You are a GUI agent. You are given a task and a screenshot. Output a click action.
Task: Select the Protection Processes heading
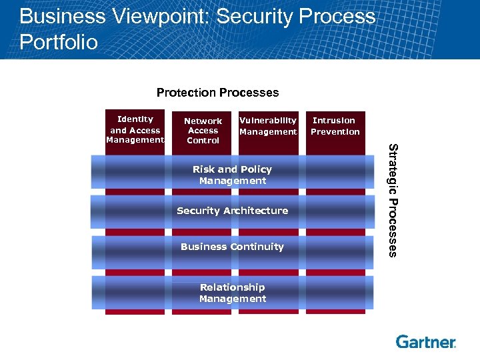pos(217,93)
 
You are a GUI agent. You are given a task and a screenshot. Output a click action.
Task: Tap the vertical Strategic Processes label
pos(393,200)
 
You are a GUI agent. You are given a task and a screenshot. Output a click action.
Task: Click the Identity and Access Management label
pos(135,130)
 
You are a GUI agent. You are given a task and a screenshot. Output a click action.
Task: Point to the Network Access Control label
pos(203,131)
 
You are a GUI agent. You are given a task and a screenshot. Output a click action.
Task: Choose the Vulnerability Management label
pos(268,126)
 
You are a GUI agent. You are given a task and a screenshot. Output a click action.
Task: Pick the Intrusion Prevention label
pos(335,126)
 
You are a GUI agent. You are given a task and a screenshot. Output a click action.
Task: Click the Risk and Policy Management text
pos(232,175)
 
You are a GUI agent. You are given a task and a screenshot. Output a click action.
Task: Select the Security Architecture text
pos(232,211)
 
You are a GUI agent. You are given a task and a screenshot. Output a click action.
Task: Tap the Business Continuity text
pos(232,247)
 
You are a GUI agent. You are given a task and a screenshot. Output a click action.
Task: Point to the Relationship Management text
pos(232,293)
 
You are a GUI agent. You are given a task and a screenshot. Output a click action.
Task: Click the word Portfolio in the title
pos(59,43)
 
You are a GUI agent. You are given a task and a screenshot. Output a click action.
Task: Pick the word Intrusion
pos(334,121)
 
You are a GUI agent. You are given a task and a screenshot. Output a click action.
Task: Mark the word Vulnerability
pos(268,121)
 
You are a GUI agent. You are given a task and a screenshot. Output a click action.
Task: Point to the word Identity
pos(135,119)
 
